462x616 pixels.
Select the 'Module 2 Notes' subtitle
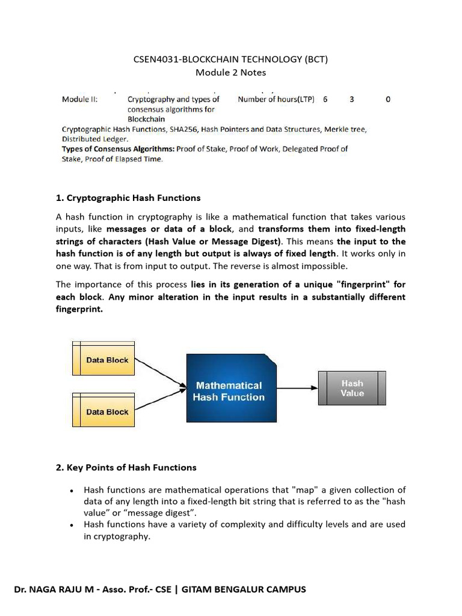coord(230,73)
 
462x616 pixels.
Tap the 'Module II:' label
coord(80,99)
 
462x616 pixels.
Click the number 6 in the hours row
coord(325,99)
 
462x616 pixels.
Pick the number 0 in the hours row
coord(388,99)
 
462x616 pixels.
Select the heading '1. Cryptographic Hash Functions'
coord(128,198)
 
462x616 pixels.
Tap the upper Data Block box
coord(103,360)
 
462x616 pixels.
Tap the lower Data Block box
coord(103,411)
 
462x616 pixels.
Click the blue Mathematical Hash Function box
coord(231,388)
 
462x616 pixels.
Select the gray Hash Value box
coord(352,388)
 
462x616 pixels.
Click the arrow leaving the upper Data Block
coord(160,373)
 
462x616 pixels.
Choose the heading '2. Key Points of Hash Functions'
coord(126,467)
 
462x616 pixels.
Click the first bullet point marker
coord(72,491)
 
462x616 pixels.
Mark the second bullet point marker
coord(72,525)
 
